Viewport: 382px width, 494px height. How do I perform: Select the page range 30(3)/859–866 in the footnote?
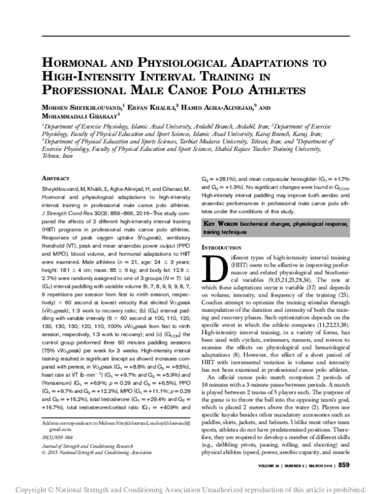pos(57,438)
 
